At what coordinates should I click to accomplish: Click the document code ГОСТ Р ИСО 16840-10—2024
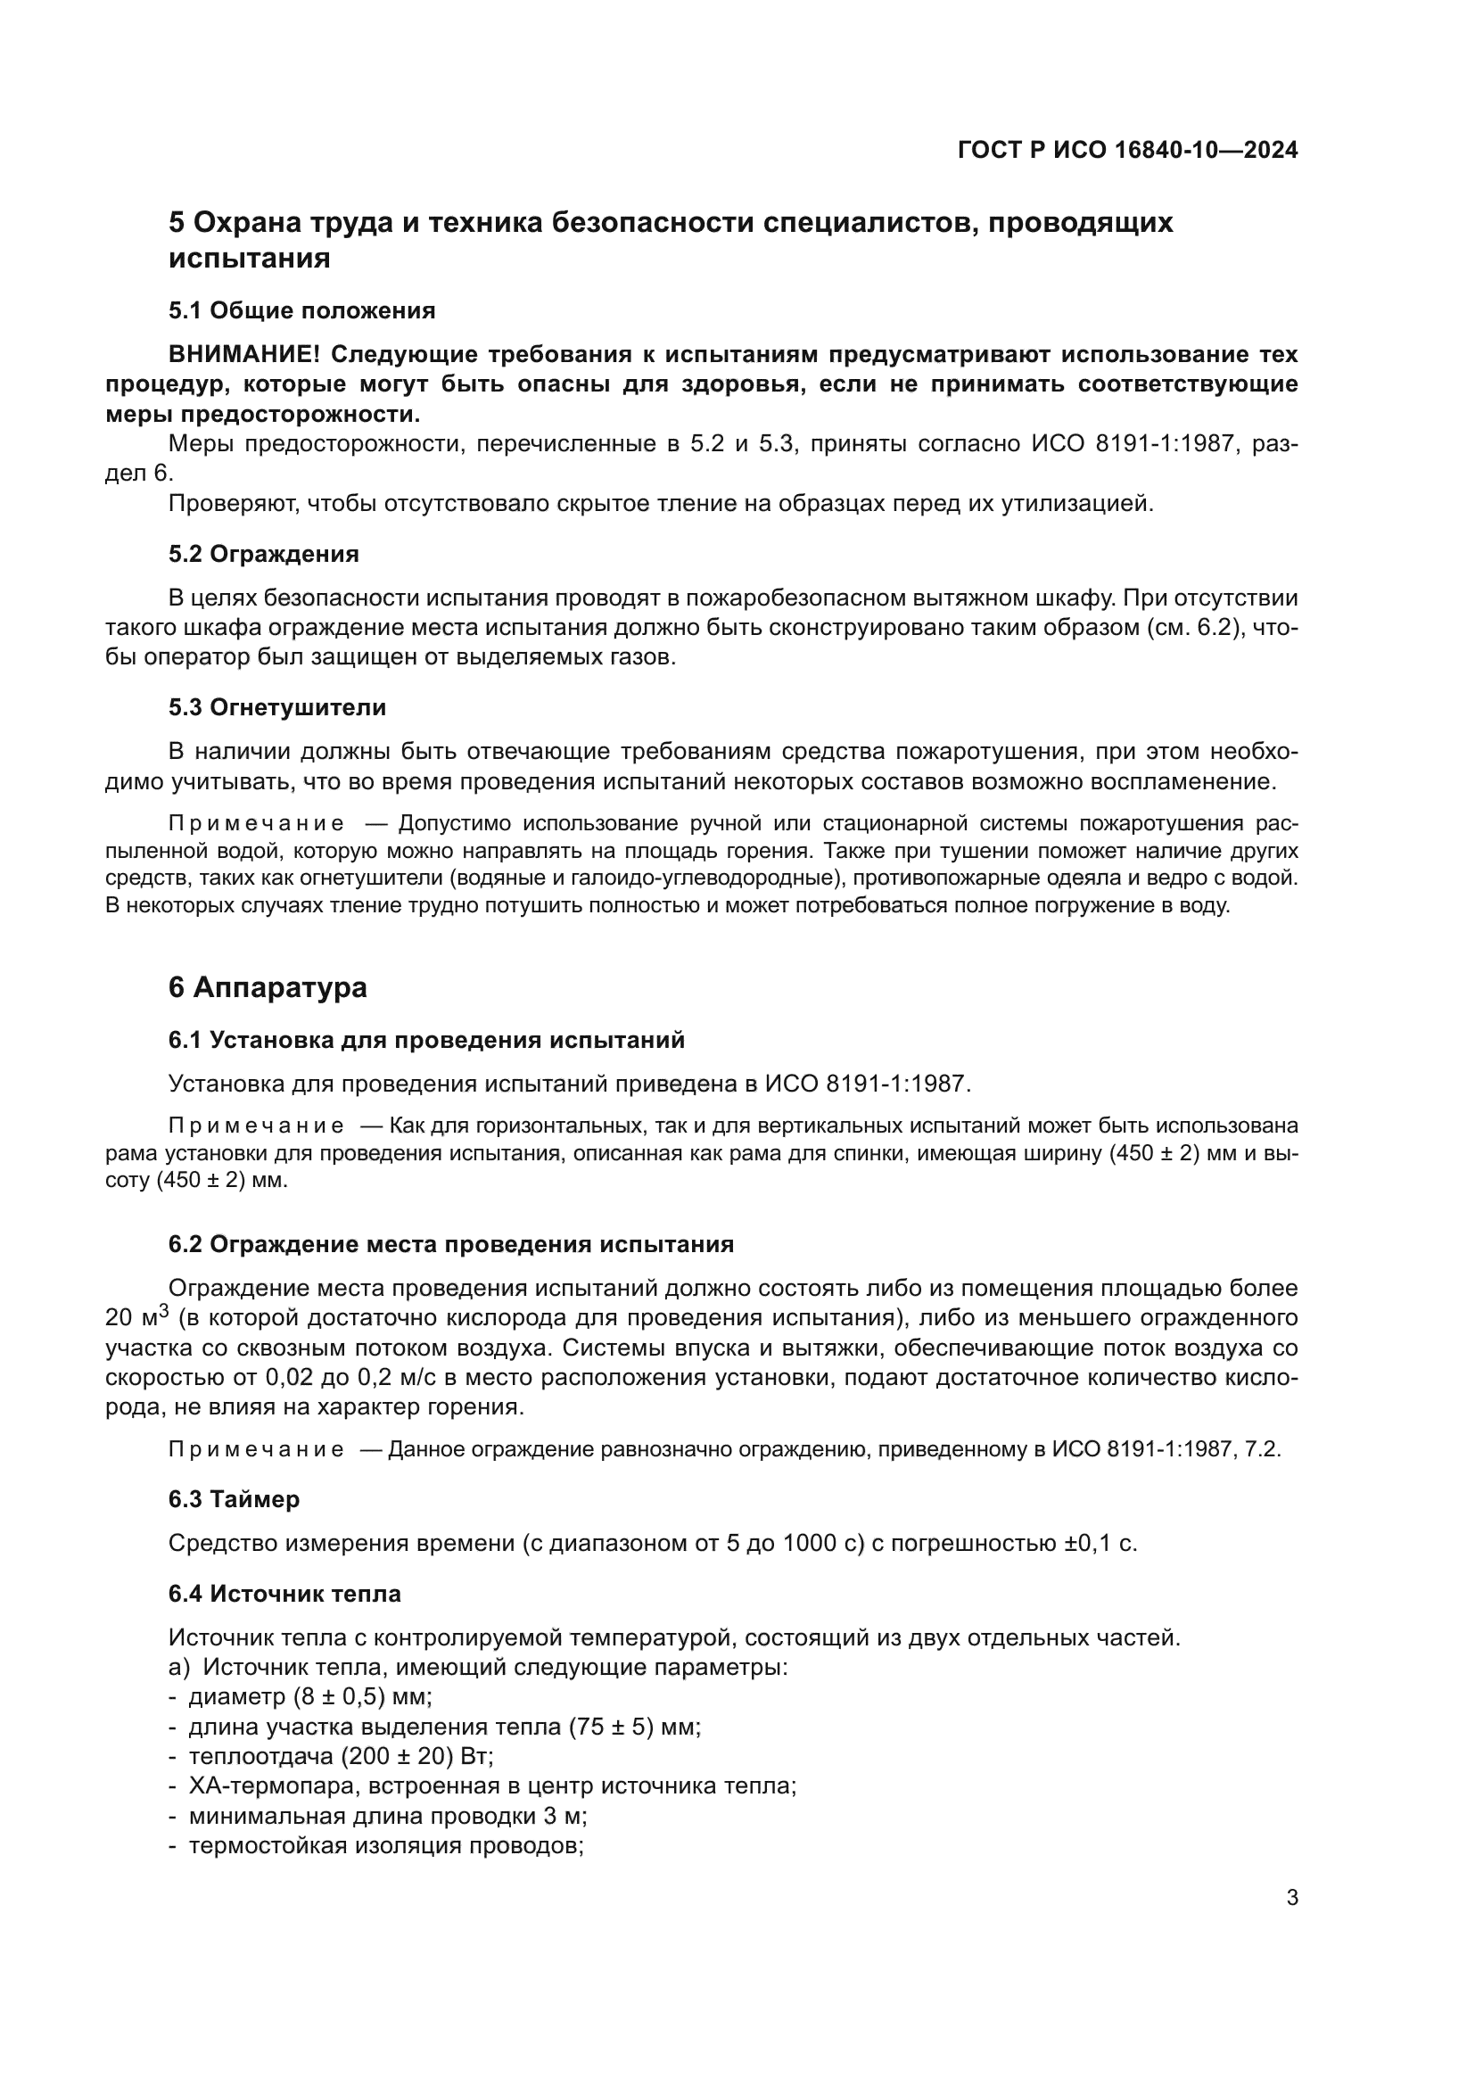[x=1127, y=151]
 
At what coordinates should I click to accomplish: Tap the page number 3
[x=1291, y=1898]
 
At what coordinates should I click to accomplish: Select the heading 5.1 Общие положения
[x=301, y=310]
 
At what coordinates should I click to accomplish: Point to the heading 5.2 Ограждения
[x=263, y=554]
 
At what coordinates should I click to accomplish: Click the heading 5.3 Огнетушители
[x=277, y=708]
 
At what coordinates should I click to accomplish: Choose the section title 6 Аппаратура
[x=267, y=987]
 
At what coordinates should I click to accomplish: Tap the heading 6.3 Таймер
[x=234, y=1499]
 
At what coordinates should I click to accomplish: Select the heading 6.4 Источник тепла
[x=284, y=1594]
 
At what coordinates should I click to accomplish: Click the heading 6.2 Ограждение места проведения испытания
[x=450, y=1245]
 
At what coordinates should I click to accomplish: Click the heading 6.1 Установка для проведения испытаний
[x=426, y=1040]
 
